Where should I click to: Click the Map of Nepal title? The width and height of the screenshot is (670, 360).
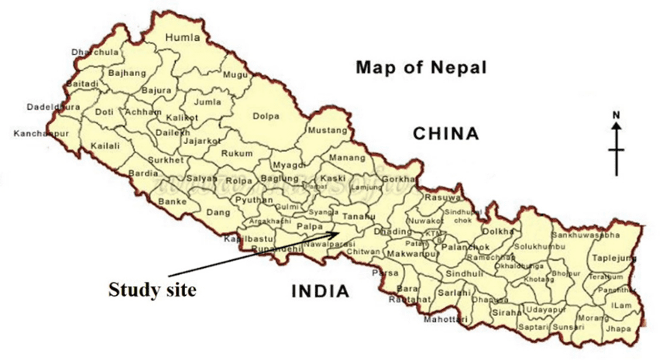coord(421,67)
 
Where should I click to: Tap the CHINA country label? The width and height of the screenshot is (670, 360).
coord(445,134)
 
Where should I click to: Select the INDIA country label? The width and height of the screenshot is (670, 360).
coord(320,291)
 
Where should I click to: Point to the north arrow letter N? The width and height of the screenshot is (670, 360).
coord(617,116)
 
